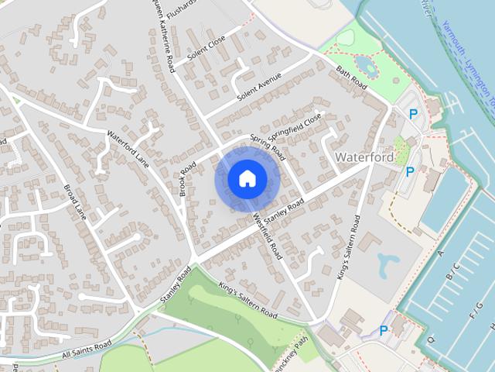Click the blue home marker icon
pos(246,179)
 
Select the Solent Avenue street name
pos(258,93)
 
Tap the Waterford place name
pos(364,157)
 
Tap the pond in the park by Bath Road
pos(368,67)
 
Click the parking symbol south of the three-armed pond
pos(384,331)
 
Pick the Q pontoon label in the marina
pos(430,338)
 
